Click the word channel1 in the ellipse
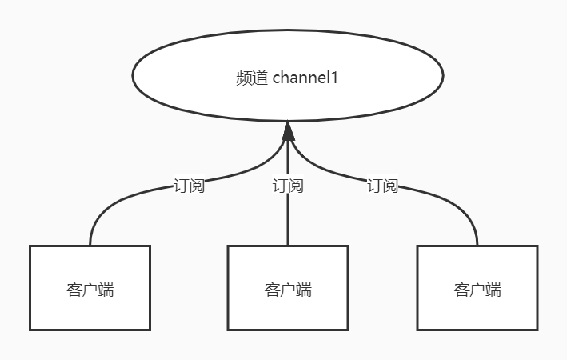point(305,78)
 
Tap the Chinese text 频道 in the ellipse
point(251,78)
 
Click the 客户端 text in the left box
point(90,289)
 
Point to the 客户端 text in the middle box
point(287,289)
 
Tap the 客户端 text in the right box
point(477,289)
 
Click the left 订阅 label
point(189,186)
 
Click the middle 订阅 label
point(287,186)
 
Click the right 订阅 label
point(382,186)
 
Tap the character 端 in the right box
point(493,289)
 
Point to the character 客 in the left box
point(74,289)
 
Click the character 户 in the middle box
point(287,289)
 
